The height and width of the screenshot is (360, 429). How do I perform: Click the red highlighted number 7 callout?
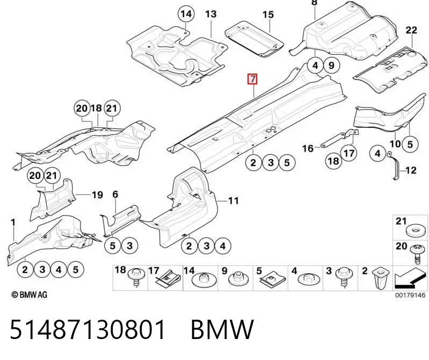[252, 79]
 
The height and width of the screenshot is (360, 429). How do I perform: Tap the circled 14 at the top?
[186, 13]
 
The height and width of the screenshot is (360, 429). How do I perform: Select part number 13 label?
[210, 14]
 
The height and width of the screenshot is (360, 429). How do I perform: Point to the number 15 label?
[268, 15]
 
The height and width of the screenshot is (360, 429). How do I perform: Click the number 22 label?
[411, 30]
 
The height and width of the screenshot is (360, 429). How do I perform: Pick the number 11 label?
[234, 201]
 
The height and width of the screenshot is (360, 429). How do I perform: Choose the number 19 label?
[97, 195]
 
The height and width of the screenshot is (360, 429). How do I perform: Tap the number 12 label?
[411, 170]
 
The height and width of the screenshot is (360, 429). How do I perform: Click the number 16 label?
[308, 148]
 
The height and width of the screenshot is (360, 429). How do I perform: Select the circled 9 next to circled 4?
[331, 66]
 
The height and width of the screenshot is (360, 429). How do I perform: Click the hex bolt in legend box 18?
[136, 277]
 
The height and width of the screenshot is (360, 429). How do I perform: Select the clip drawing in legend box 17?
[168, 279]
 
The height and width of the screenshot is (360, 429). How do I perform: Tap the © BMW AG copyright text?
[30, 295]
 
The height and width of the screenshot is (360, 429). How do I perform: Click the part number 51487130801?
[88, 329]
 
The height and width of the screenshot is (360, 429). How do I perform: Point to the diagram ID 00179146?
[410, 295]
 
